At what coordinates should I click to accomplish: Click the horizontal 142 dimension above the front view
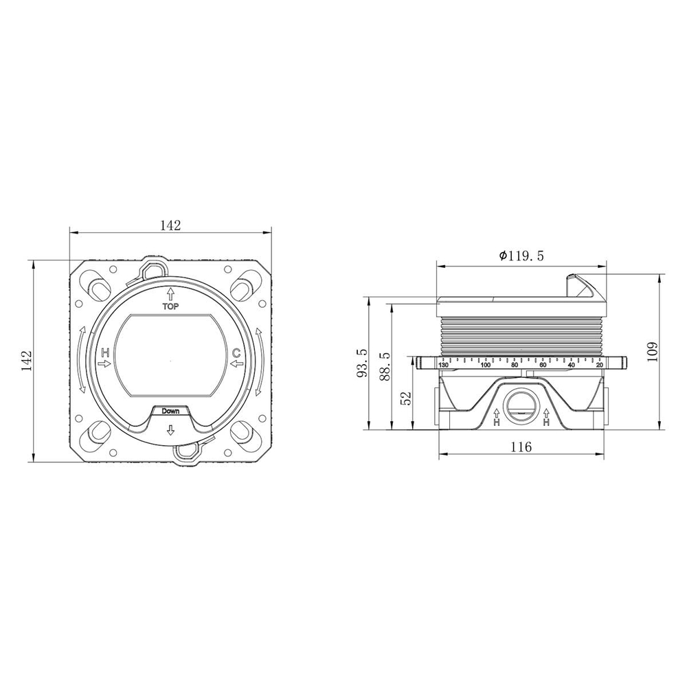[x=170, y=225]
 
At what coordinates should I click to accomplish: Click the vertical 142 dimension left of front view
[x=27, y=361]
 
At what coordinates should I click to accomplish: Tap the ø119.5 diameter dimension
[x=521, y=256]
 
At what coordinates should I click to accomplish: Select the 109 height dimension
[x=653, y=351]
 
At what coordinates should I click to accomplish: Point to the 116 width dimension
[x=521, y=447]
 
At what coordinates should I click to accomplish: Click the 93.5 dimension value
[x=362, y=363]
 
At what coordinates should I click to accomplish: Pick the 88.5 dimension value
[x=385, y=366]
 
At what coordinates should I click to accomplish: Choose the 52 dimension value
[x=407, y=397]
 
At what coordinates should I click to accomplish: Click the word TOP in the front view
[x=171, y=306]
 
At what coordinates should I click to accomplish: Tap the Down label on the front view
[x=170, y=411]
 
